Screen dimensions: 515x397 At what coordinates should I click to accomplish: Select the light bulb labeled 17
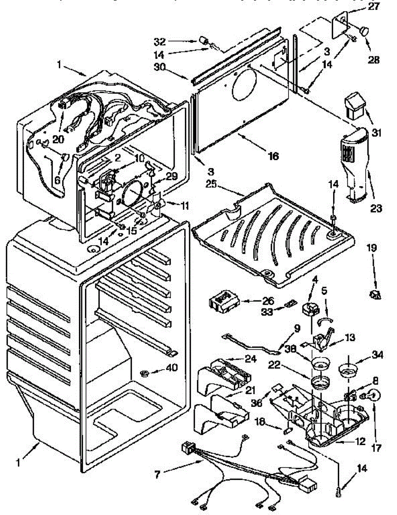[373, 395]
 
